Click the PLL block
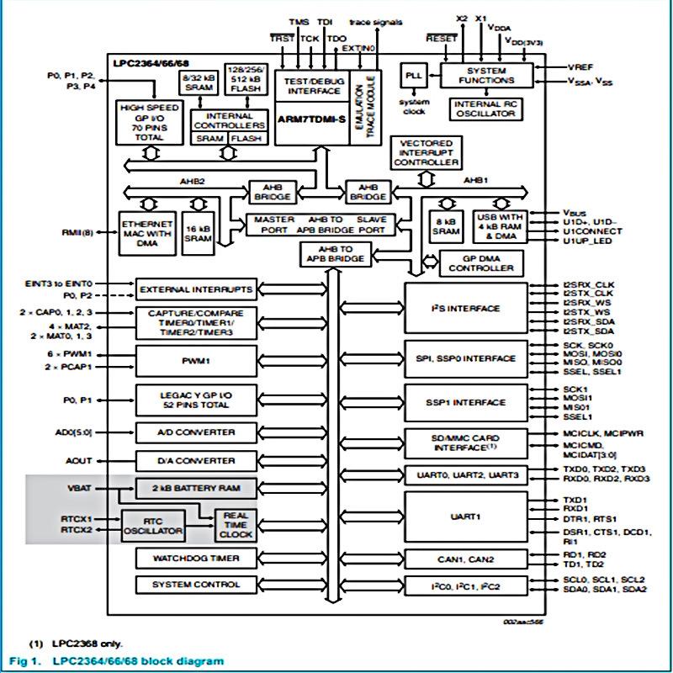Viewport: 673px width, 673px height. (x=414, y=76)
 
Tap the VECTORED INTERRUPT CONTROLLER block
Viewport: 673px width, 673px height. (x=427, y=153)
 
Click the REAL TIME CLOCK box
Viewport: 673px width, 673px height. (x=236, y=525)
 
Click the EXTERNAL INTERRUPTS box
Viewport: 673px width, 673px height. (x=195, y=289)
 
